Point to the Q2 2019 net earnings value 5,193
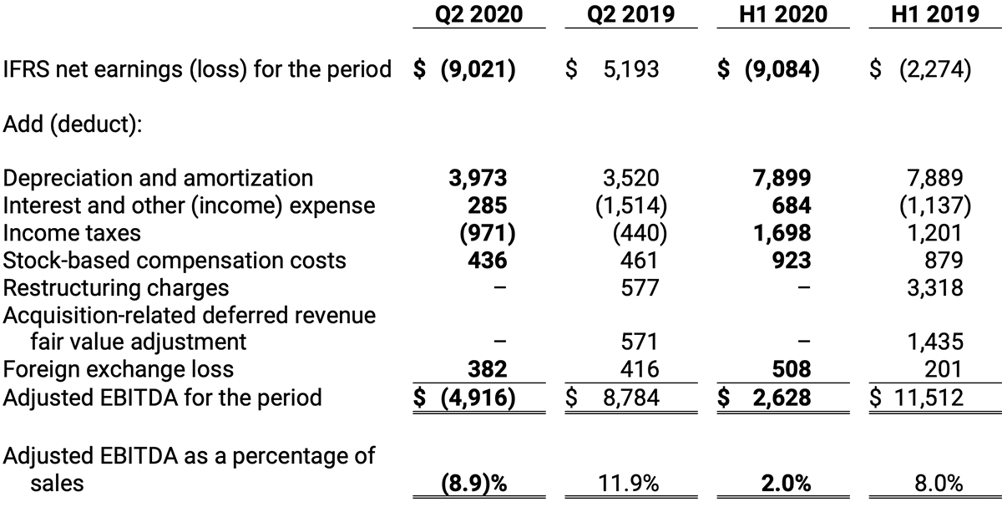630,68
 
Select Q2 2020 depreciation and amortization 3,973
478,178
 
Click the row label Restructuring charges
116,288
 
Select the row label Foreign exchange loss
119,368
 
